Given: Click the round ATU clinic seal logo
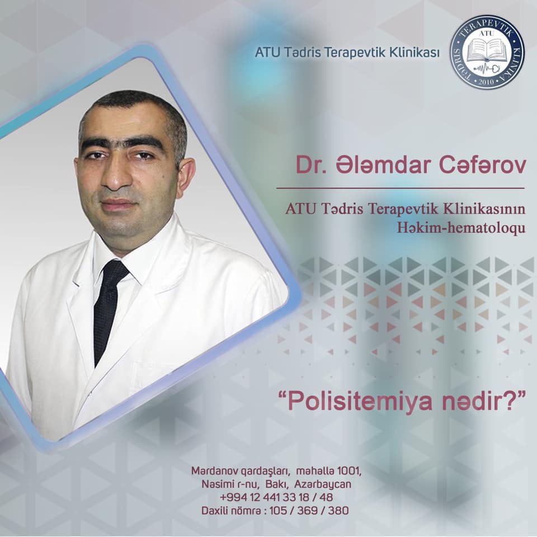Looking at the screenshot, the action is [x=487, y=52].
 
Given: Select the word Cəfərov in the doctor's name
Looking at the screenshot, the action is [x=482, y=165].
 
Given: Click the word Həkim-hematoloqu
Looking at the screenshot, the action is [x=461, y=228].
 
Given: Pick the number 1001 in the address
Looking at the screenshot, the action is [x=349, y=471].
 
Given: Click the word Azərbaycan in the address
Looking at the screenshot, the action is [x=323, y=484].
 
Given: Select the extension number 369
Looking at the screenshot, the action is [x=307, y=511].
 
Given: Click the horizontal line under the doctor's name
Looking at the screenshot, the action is [x=401, y=188].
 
